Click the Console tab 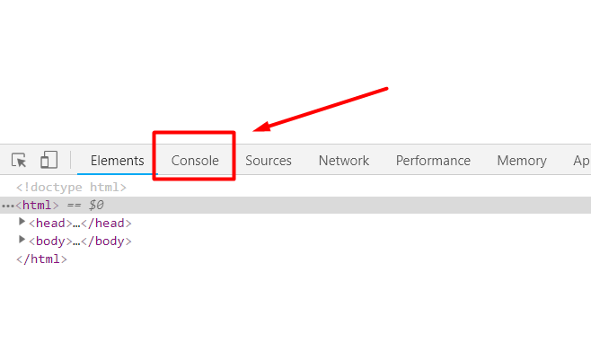195,161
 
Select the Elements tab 117,161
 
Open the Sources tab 269,161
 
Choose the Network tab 344,161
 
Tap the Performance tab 433,161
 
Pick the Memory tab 522,161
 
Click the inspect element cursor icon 19,161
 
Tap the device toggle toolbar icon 49,161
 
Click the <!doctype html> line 71,188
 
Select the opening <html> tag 36,206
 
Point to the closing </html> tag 41,259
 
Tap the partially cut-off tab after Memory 582,161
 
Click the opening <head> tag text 50,224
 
